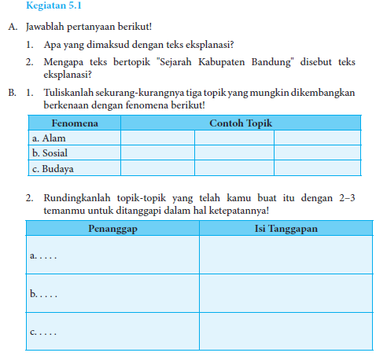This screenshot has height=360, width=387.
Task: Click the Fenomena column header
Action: click(x=74, y=123)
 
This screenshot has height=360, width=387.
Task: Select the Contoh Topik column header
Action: click(x=240, y=123)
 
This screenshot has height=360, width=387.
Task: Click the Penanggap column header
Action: click(x=112, y=228)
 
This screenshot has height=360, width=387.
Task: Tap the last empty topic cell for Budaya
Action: click(x=316, y=167)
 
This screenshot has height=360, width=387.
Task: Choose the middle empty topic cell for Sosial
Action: click(x=234, y=152)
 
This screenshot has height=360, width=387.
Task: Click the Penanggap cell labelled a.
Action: click(x=112, y=255)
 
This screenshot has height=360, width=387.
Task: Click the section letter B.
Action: click(x=12, y=93)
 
